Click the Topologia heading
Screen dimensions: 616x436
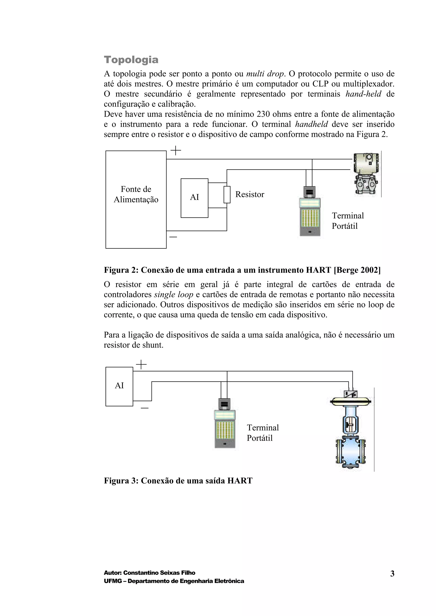pos(131,60)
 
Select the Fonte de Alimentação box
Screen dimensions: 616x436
pos(136,199)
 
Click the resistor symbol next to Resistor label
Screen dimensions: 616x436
pos(227,194)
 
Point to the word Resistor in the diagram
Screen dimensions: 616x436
pos(250,194)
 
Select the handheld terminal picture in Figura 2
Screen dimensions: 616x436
pos(310,212)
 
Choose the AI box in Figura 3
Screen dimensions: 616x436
pos(119,386)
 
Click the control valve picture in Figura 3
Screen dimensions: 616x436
pos(351,429)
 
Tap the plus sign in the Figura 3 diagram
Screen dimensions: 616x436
pos(141,365)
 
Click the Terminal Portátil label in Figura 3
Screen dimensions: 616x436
pos(262,433)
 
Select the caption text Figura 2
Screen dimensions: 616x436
pos(242,270)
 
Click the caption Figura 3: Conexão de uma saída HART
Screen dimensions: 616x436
pos(178,481)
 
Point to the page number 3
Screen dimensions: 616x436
pos(392,574)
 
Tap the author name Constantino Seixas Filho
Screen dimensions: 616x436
pos(159,573)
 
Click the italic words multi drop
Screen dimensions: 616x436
pos(265,74)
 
